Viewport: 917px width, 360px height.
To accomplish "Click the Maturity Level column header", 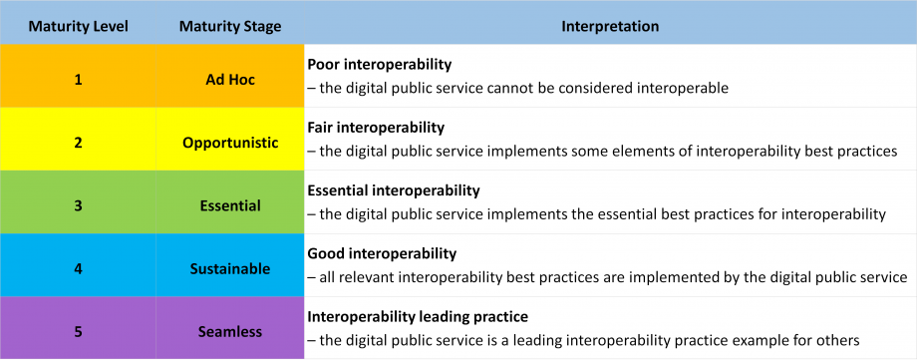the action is pyautogui.click(x=78, y=27).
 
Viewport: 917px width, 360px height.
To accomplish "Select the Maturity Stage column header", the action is pyautogui.click(x=230, y=27).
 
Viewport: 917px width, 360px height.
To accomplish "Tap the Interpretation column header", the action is pyautogui.click(x=610, y=27).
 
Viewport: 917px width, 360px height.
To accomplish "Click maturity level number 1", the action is pyautogui.click(x=78, y=80).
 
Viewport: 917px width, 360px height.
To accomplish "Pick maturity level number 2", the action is pyautogui.click(x=78, y=143).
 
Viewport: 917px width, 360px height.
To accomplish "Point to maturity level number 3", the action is pyautogui.click(x=78, y=206).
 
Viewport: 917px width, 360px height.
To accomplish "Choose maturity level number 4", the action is pyautogui.click(x=78, y=269).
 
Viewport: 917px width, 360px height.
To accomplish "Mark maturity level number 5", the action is pyautogui.click(x=78, y=332).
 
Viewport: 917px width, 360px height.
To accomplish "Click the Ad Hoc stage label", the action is pyautogui.click(x=230, y=80).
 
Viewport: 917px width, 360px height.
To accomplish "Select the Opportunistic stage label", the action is pyautogui.click(x=230, y=144).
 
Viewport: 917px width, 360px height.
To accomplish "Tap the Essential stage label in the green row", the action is pyautogui.click(x=230, y=206).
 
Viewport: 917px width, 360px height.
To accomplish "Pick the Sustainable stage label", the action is pyautogui.click(x=230, y=269).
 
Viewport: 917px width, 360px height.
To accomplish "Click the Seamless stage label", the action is pyautogui.click(x=230, y=332).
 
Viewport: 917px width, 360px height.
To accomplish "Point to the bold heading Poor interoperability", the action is pyautogui.click(x=380, y=65).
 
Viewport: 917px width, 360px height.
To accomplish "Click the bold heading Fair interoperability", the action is pyautogui.click(x=376, y=128).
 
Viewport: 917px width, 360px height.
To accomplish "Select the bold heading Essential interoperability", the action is pyautogui.click(x=394, y=190).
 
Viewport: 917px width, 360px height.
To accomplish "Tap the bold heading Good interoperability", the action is pyautogui.click(x=382, y=254).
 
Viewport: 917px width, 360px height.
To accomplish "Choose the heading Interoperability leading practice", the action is pyautogui.click(x=418, y=317).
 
